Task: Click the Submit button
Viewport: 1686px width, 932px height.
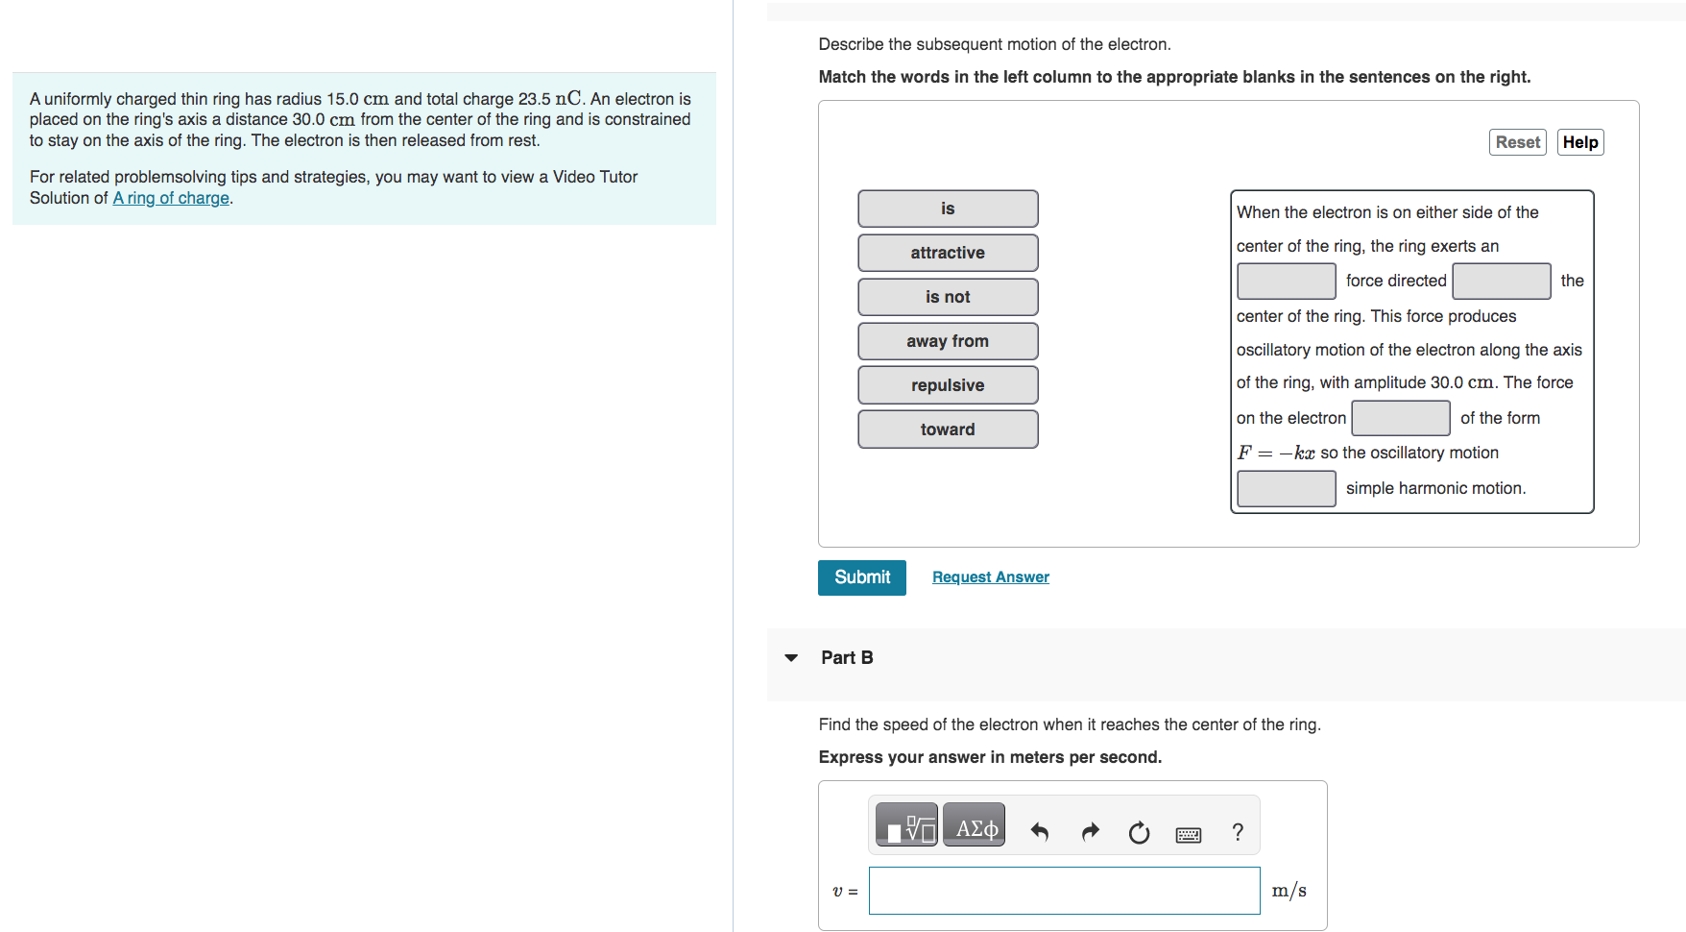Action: [x=861, y=577]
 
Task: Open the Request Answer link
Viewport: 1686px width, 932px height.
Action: [x=990, y=577]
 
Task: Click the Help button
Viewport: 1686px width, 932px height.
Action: [x=1579, y=142]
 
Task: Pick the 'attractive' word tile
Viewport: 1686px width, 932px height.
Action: [x=947, y=253]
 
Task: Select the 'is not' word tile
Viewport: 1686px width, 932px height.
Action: [x=947, y=297]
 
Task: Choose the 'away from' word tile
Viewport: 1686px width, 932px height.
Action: [x=947, y=341]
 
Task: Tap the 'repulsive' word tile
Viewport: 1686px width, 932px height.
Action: [x=947, y=385]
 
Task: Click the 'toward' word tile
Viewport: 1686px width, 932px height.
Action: [x=947, y=429]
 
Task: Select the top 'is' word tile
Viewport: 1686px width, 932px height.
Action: [x=947, y=208]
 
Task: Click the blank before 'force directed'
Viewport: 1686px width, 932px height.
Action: [x=1286, y=281]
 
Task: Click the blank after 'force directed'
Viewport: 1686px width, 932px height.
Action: [x=1501, y=281]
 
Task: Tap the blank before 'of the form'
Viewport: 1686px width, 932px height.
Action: [x=1400, y=418]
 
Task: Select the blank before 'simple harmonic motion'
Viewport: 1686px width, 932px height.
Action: [x=1286, y=488]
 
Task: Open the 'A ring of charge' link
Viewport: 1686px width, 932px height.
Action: [x=171, y=198]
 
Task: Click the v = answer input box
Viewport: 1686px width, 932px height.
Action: [x=1064, y=891]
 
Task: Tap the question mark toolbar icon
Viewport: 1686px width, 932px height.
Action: [x=1238, y=832]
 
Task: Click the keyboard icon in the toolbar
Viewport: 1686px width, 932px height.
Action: [x=1188, y=834]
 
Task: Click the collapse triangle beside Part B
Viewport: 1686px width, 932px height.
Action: [x=791, y=658]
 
